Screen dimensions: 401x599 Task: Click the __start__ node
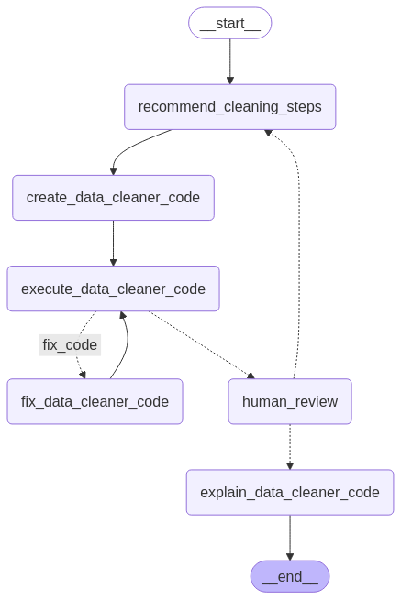coord(230,23)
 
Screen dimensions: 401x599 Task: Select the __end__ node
coord(290,576)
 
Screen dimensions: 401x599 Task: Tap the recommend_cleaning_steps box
coord(230,107)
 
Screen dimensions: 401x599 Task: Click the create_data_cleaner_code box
coord(113,198)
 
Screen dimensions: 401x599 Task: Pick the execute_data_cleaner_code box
coord(113,289)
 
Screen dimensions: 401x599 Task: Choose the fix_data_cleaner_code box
coord(95,401)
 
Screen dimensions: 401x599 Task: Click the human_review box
coord(290,401)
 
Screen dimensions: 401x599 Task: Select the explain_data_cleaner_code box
coord(290,493)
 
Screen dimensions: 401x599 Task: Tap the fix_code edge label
coord(70,345)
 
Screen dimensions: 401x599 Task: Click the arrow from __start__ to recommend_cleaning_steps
coord(230,61)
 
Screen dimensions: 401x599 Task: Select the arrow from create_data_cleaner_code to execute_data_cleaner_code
coord(113,243)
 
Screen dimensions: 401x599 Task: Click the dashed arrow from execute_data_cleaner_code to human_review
coord(201,343)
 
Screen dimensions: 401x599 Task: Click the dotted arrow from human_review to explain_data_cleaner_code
coord(290,447)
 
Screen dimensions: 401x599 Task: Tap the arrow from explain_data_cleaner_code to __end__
coord(290,538)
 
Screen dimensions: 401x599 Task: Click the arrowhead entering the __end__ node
coord(290,556)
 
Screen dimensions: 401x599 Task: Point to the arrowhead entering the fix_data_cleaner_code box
coord(83,375)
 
